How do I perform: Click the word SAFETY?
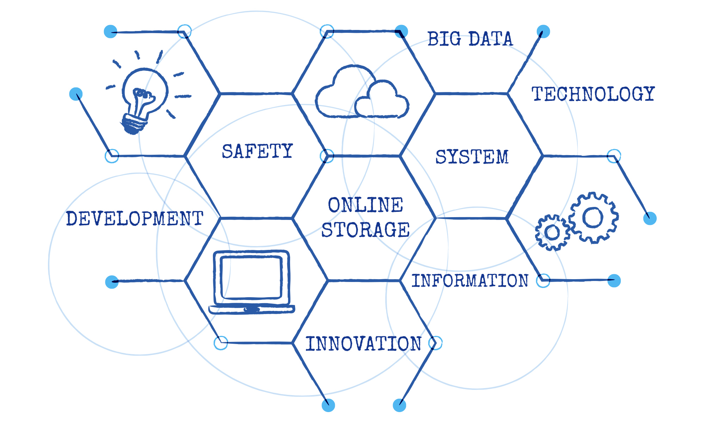click(x=257, y=151)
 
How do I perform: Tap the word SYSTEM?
click(x=472, y=157)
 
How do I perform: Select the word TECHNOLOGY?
click(x=593, y=94)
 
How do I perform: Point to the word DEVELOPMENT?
click(x=135, y=218)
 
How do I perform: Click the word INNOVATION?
click(x=363, y=344)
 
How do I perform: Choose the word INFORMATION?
click(x=470, y=281)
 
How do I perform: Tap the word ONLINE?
click(x=366, y=205)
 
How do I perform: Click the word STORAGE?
click(x=366, y=230)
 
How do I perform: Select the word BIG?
click(x=444, y=39)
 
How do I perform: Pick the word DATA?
click(x=491, y=39)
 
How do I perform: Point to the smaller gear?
click(x=552, y=232)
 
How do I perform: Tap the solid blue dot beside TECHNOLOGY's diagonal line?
click(x=543, y=31)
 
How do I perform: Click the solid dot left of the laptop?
click(x=112, y=282)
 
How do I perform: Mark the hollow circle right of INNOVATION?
click(x=435, y=343)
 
